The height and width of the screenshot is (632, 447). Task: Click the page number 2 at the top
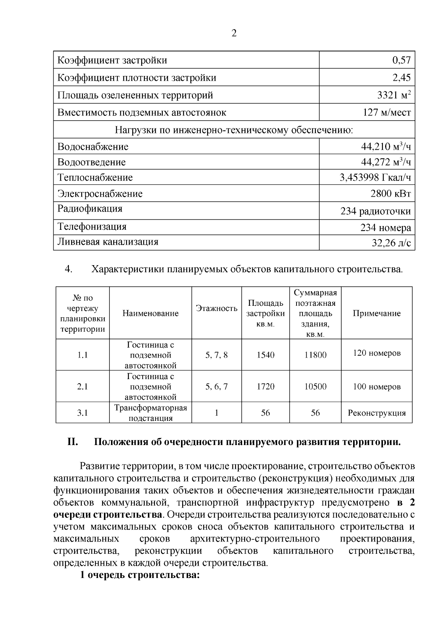point(234,34)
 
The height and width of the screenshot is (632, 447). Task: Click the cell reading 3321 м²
point(394,95)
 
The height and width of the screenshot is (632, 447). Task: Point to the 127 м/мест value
point(387,112)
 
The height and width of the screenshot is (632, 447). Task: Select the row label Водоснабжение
point(93,147)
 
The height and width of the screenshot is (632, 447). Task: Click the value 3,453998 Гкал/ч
point(375,177)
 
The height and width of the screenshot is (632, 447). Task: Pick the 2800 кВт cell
point(391,193)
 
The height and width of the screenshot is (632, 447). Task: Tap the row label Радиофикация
point(90,209)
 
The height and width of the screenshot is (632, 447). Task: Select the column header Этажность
point(216,308)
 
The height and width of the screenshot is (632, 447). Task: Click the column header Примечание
point(377,313)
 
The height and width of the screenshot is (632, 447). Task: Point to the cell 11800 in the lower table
point(315,355)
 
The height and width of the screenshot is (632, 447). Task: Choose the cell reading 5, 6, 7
point(216,387)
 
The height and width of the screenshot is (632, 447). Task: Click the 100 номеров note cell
point(377,387)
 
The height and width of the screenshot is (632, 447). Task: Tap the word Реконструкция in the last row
point(377,413)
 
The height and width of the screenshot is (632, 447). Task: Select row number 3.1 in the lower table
point(82,413)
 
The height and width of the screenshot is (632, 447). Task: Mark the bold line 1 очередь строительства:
point(140,575)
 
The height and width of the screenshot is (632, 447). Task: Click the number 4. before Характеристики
point(68,269)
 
